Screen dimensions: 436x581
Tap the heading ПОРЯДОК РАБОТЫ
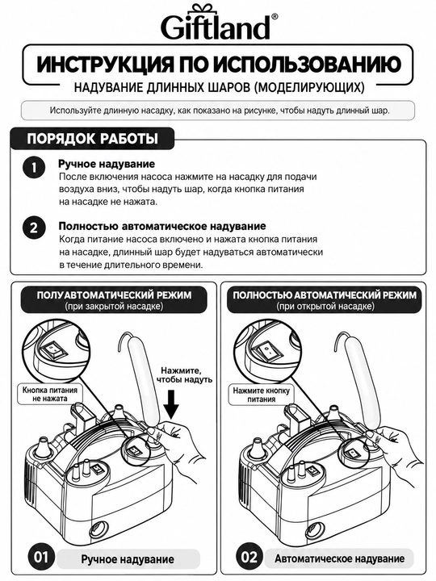coord(92,139)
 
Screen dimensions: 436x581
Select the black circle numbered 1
coord(34,168)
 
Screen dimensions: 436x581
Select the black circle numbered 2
coord(34,228)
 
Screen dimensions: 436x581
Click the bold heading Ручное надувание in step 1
coord(107,164)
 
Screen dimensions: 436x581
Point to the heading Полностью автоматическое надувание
coord(162,226)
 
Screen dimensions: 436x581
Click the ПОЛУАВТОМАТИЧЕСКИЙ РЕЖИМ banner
coord(114,299)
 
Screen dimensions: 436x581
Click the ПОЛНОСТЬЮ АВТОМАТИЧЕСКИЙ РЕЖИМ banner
coord(325,299)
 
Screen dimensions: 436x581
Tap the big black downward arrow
coord(170,406)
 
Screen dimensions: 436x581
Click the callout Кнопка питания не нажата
coord(50,395)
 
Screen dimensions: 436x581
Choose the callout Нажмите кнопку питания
coord(262,395)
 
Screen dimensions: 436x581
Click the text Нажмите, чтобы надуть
coord(184,374)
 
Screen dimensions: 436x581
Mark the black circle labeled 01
coord(41,557)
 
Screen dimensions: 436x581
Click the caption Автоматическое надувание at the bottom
coord(340,558)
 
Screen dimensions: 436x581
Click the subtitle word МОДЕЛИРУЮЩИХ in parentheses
coord(310,88)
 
